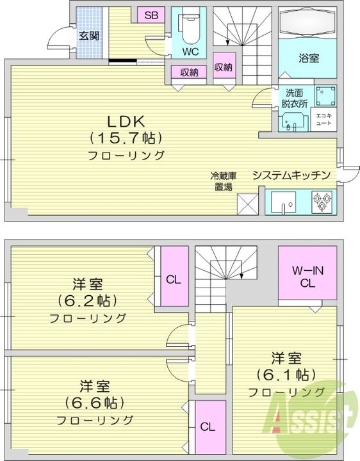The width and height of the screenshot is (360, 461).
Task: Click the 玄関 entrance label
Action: [89, 36]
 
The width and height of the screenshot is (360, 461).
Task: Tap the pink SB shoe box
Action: [151, 16]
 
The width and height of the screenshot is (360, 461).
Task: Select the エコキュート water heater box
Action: [322, 118]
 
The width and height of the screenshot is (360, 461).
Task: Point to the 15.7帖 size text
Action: [126, 137]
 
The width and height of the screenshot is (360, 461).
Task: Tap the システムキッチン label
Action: [291, 175]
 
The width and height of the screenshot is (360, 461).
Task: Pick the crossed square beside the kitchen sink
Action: [247, 204]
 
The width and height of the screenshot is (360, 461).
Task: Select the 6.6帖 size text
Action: [94, 403]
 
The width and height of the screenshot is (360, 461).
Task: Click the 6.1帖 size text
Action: [285, 374]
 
